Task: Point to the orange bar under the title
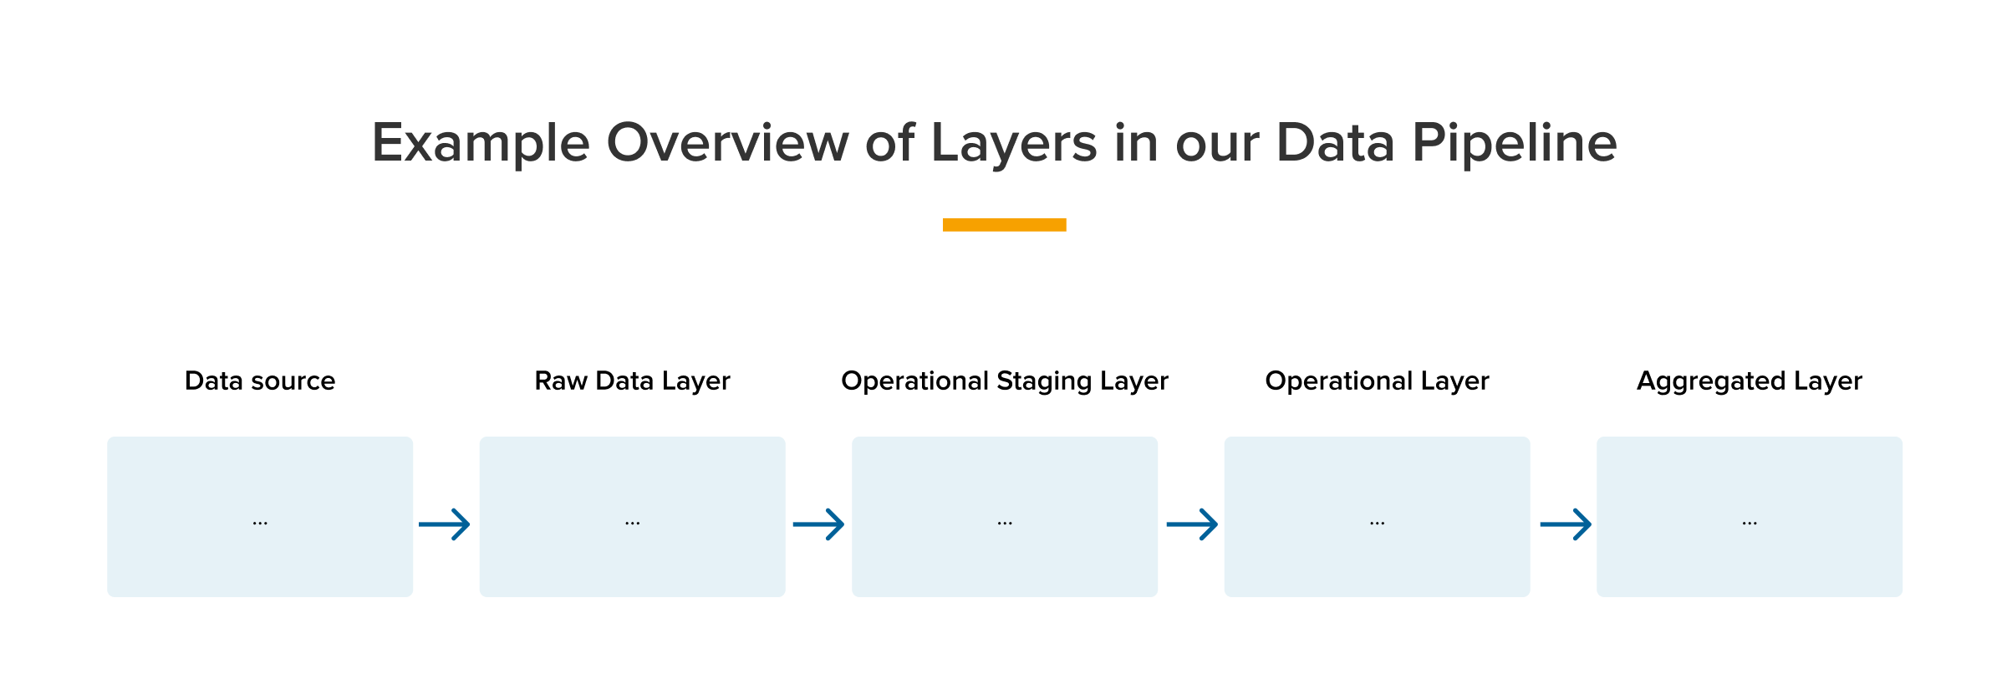(x=1004, y=225)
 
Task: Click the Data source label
(x=260, y=381)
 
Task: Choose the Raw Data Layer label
(x=633, y=381)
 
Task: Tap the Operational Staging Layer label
(x=1005, y=381)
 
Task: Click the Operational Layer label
(x=1378, y=381)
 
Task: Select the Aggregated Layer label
(x=1750, y=381)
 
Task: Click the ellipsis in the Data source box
(x=260, y=524)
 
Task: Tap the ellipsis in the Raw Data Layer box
(x=633, y=524)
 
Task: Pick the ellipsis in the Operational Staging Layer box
(x=1005, y=524)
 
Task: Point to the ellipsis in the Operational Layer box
(x=1378, y=524)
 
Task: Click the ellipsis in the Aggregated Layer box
(x=1750, y=524)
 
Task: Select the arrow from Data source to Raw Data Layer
(x=445, y=524)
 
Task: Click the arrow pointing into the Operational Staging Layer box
(x=818, y=524)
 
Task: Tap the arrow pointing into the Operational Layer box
(x=1192, y=524)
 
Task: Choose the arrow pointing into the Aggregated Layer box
(x=1566, y=524)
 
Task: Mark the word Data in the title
(x=1336, y=142)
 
